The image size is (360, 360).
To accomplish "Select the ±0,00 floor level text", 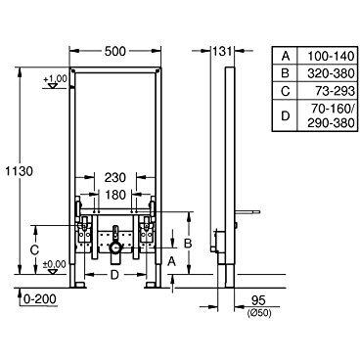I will [55, 264].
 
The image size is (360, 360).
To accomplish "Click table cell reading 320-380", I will [324, 73].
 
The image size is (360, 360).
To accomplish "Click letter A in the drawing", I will [173, 261].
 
